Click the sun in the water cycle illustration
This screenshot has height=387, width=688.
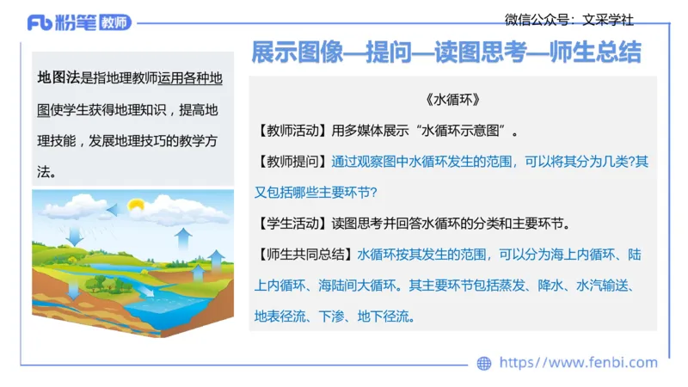click(x=135, y=206)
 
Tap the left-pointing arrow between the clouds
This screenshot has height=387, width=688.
click(x=113, y=209)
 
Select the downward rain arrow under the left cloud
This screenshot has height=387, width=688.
click(x=74, y=234)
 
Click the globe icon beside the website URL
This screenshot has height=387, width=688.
click(x=484, y=363)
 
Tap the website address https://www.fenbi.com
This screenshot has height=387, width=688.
click(x=578, y=363)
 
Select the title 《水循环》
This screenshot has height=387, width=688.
click(x=452, y=100)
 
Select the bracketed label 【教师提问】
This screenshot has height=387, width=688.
click(x=292, y=162)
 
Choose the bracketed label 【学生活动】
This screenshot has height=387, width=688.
click(x=292, y=224)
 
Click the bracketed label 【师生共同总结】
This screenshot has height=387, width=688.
click(x=304, y=255)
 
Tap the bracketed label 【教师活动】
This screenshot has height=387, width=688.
click(x=292, y=132)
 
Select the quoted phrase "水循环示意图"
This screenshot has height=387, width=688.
click(x=461, y=132)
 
